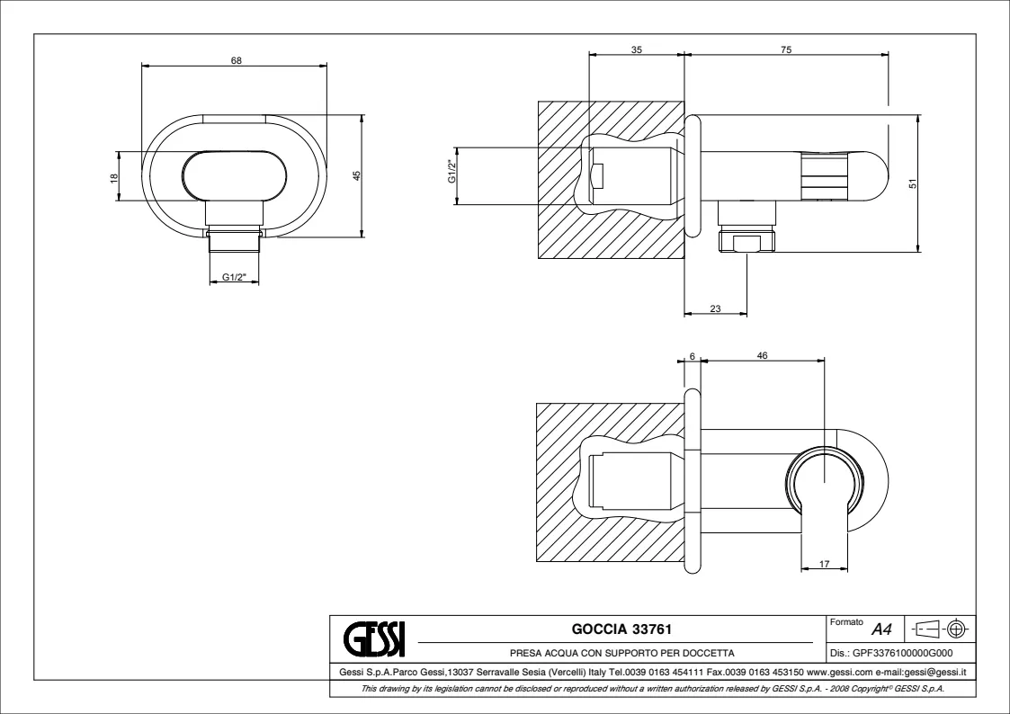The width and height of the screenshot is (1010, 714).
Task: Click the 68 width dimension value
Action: pos(237,60)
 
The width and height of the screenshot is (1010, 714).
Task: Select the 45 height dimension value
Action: pos(357,175)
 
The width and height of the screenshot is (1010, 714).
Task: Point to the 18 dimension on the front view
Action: pos(114,177)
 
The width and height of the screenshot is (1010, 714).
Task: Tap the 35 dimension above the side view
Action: pos(637,49)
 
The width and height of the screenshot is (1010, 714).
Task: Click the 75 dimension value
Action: pos(786,49)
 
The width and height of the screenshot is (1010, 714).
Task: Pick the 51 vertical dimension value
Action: pos(912,184)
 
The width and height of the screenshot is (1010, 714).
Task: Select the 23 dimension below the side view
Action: pos(715,309)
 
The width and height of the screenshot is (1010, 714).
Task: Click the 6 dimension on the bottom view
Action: pos(692,357)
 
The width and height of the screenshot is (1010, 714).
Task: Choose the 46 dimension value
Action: pos(762,356)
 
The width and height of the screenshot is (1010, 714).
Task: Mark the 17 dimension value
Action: pos(825,564)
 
